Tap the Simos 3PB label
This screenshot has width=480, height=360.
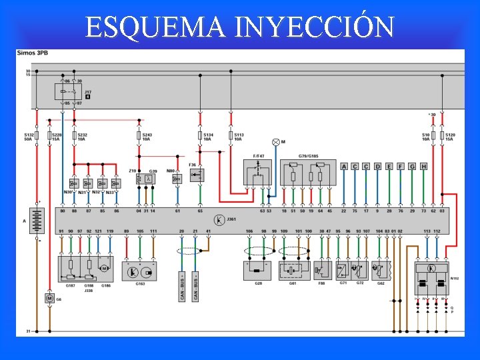pyautogui.click(x=32, y=52)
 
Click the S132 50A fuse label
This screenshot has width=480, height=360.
pyautogui.click(x=29, y=137)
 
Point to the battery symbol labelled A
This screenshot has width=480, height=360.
pyautogui.click(x=37, y=219)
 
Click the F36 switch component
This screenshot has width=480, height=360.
pyautogui.click(x=197, y=175)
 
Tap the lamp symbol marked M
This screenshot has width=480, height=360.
pyautogui.click(x=275, y=142)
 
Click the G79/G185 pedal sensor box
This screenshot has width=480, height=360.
pyautogui.click(x=307, y=174)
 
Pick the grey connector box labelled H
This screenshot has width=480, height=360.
pyautogui.click(x=423, y=167)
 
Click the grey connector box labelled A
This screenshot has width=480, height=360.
pyautogui.click(x=344, y=167)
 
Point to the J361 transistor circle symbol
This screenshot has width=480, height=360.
pyautogui.click(x=219, y=219)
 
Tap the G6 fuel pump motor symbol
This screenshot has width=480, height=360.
pyautogui.click(x=49, y=298)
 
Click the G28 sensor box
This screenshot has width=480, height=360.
pyautogui.click(x=257, y=271)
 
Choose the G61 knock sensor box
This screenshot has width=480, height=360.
pyautogui.click(x=293, y=271)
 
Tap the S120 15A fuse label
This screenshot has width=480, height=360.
pyautogui.click(x=450, y=137)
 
